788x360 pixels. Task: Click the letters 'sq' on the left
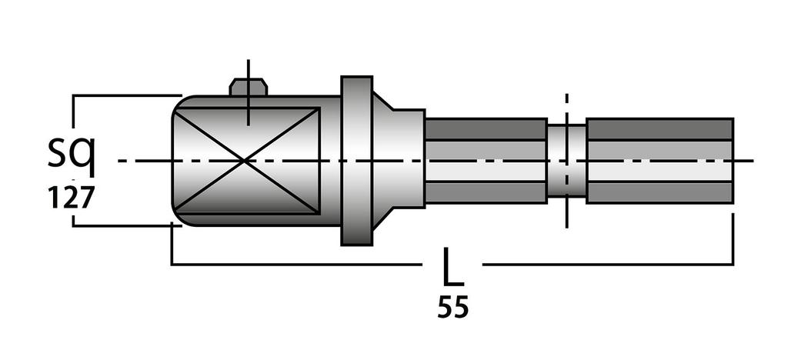[x=71, y=156]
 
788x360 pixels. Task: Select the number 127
[x=71, y=198]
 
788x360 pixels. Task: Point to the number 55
[x=452, y=308]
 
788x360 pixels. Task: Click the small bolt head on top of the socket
[x=249, y=87]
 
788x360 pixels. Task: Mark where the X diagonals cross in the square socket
[x=245, y=160]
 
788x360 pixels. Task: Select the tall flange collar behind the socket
[x=356, y=160]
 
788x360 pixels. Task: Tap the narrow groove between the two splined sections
[x=566, y=160]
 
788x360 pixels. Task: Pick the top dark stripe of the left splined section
[x=486, y=129]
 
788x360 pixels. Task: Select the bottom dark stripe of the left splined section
[x=486, y=192]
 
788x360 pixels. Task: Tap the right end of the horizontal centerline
[x=750, y=161]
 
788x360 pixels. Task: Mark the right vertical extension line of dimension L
[x=733, y=238]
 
